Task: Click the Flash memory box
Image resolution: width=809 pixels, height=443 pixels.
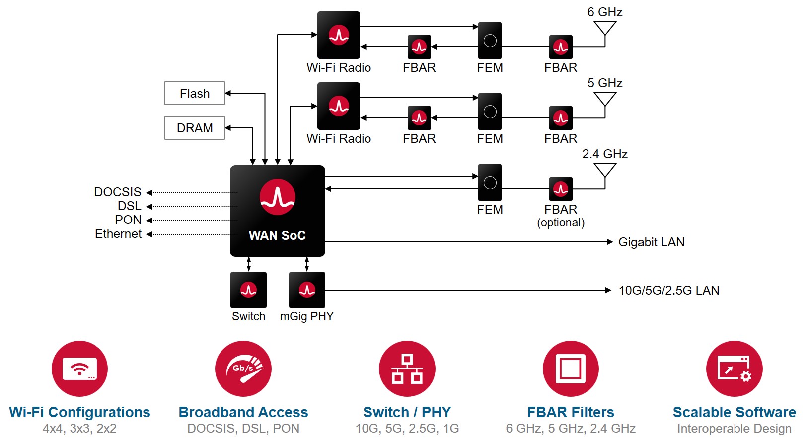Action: [195, 93]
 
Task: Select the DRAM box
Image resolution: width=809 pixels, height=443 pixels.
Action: [195, 128]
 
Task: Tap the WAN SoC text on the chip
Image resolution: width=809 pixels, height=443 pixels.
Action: [277, 235]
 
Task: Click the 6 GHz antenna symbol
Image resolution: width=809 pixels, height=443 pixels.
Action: [605, 29]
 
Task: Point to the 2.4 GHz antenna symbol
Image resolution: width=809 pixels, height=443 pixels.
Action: [605, 171]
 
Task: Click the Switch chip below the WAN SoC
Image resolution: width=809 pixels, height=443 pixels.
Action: [248, 290]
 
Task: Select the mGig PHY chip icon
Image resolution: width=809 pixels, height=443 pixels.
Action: [307, 290]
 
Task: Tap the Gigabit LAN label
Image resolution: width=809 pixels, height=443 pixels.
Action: [651, 242]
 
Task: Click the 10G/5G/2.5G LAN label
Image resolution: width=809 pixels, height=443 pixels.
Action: [668, 290]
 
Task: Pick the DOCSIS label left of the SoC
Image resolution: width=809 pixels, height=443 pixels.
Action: [118, 192]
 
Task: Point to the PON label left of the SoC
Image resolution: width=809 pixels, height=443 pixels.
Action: [128, 220]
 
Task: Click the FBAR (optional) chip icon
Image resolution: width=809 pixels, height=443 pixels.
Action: [561, 189]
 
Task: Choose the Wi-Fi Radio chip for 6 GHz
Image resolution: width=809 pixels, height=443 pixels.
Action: [339, 35]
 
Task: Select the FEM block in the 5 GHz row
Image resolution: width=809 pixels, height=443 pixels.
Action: [490, 111]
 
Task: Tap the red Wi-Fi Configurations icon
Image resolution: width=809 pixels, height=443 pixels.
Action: [79, 369]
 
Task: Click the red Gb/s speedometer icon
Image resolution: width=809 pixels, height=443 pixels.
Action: [243, 369]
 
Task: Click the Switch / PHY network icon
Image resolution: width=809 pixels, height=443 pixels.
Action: [407, 369]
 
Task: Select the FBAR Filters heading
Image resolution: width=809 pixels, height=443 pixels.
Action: [571, 412]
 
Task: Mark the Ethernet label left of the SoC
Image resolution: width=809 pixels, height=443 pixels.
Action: [118, 234]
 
